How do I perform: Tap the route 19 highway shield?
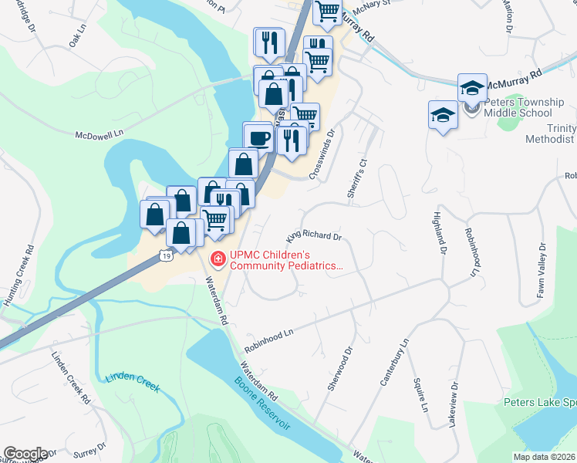(x=167, y=255)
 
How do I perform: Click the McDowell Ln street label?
(x=99, y=134)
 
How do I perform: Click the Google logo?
(x=25, y=454)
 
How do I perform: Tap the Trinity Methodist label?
(x=550, y=133)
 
